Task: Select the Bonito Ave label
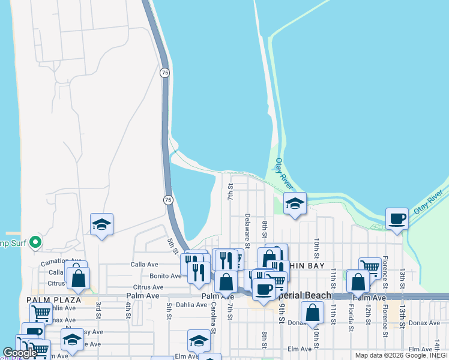click(x=166, y=276)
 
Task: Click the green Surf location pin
click(x=35, y=242)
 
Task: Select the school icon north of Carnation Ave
click(x=101, y=225)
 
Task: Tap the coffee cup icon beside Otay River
click(x=397, y=218)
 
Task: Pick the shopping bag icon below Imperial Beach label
click(x=312, y=312)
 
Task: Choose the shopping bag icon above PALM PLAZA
click(x=78, y=278)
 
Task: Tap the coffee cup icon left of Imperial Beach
click(x=263, y=289)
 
